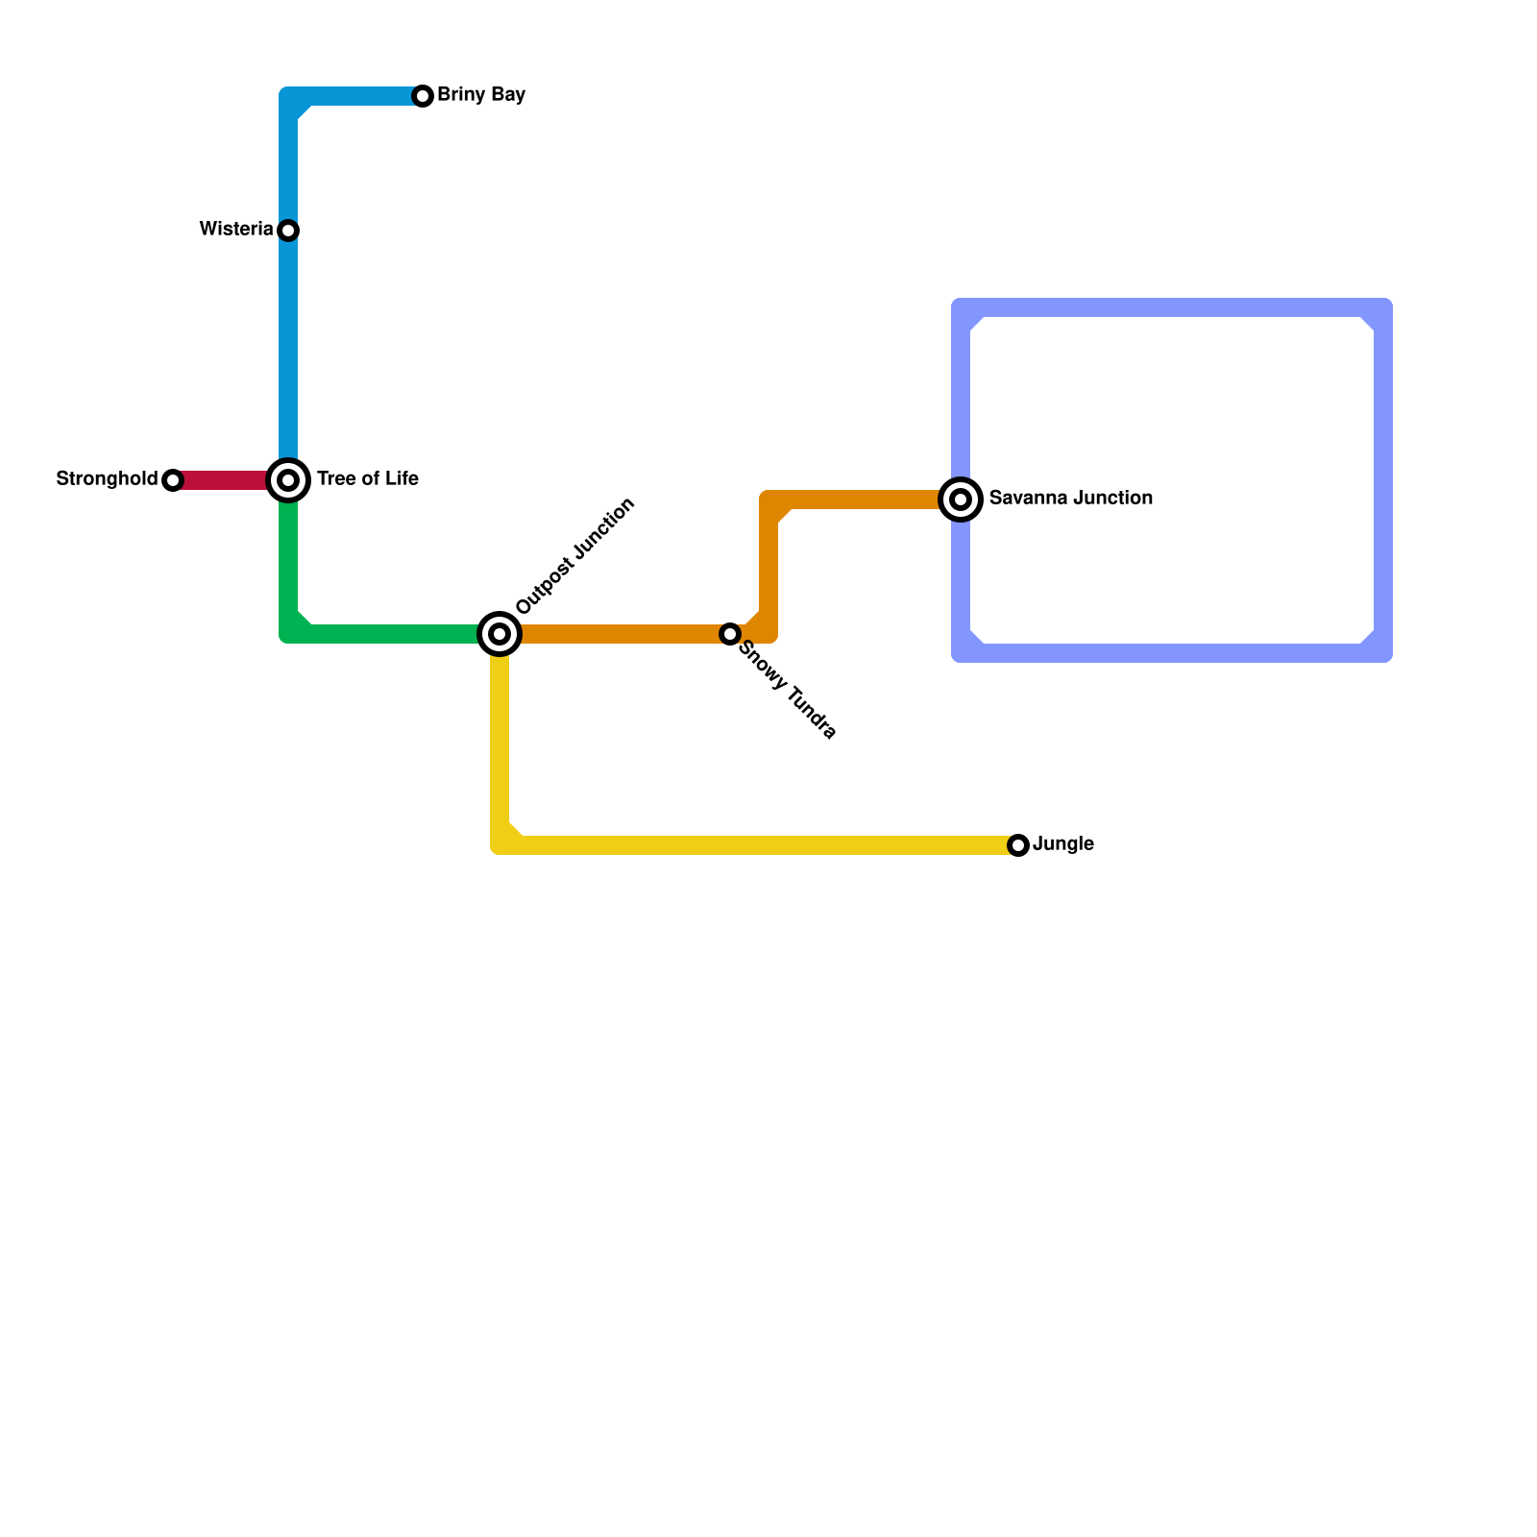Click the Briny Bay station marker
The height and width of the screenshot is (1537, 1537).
423,96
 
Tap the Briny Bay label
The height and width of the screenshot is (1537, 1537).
480,95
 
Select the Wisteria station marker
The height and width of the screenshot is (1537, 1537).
288,231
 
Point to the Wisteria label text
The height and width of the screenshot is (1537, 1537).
236,230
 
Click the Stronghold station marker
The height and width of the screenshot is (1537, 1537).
173,480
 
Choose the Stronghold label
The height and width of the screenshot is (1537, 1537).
107,479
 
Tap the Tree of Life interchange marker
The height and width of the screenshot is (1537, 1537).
288,480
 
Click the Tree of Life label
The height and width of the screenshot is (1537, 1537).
368,479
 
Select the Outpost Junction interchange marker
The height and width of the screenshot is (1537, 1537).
500,634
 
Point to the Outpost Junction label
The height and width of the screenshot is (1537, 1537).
575,555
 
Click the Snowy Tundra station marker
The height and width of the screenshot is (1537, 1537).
730,634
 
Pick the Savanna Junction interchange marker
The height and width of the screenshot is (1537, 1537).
961,500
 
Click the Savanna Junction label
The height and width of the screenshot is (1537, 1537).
1070,499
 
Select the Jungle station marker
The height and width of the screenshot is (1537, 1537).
1018,845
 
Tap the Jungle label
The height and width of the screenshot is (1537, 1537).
1063,844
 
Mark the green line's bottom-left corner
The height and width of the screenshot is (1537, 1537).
289,633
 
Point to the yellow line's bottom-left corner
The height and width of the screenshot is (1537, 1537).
500,844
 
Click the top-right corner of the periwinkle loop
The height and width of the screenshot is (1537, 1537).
1382,308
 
